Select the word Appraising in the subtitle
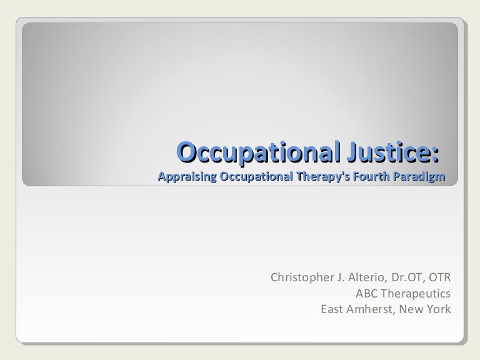186,177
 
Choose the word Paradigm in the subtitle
419,177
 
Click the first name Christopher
300,277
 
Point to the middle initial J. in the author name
339,277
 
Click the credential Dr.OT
408,277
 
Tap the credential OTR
439,277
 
